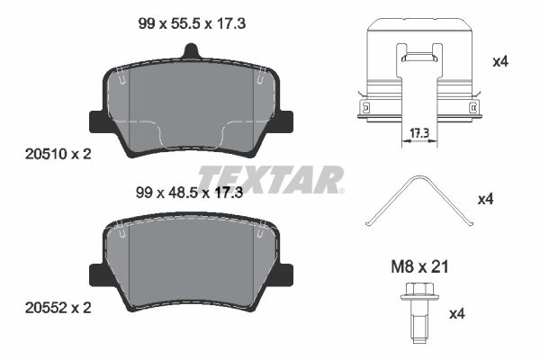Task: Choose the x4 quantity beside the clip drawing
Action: click(x=500, y=62)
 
